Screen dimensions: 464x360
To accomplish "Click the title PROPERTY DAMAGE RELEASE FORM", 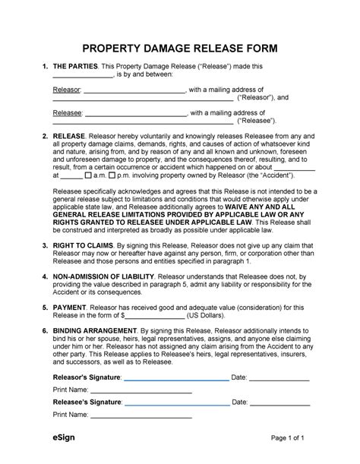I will click(x=180, y=49).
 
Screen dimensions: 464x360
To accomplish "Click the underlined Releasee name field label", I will click(x=66, y=113).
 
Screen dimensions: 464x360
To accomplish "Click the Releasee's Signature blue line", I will click(x=175, y=402).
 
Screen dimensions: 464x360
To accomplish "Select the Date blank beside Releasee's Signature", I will click(x=279, y=402).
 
